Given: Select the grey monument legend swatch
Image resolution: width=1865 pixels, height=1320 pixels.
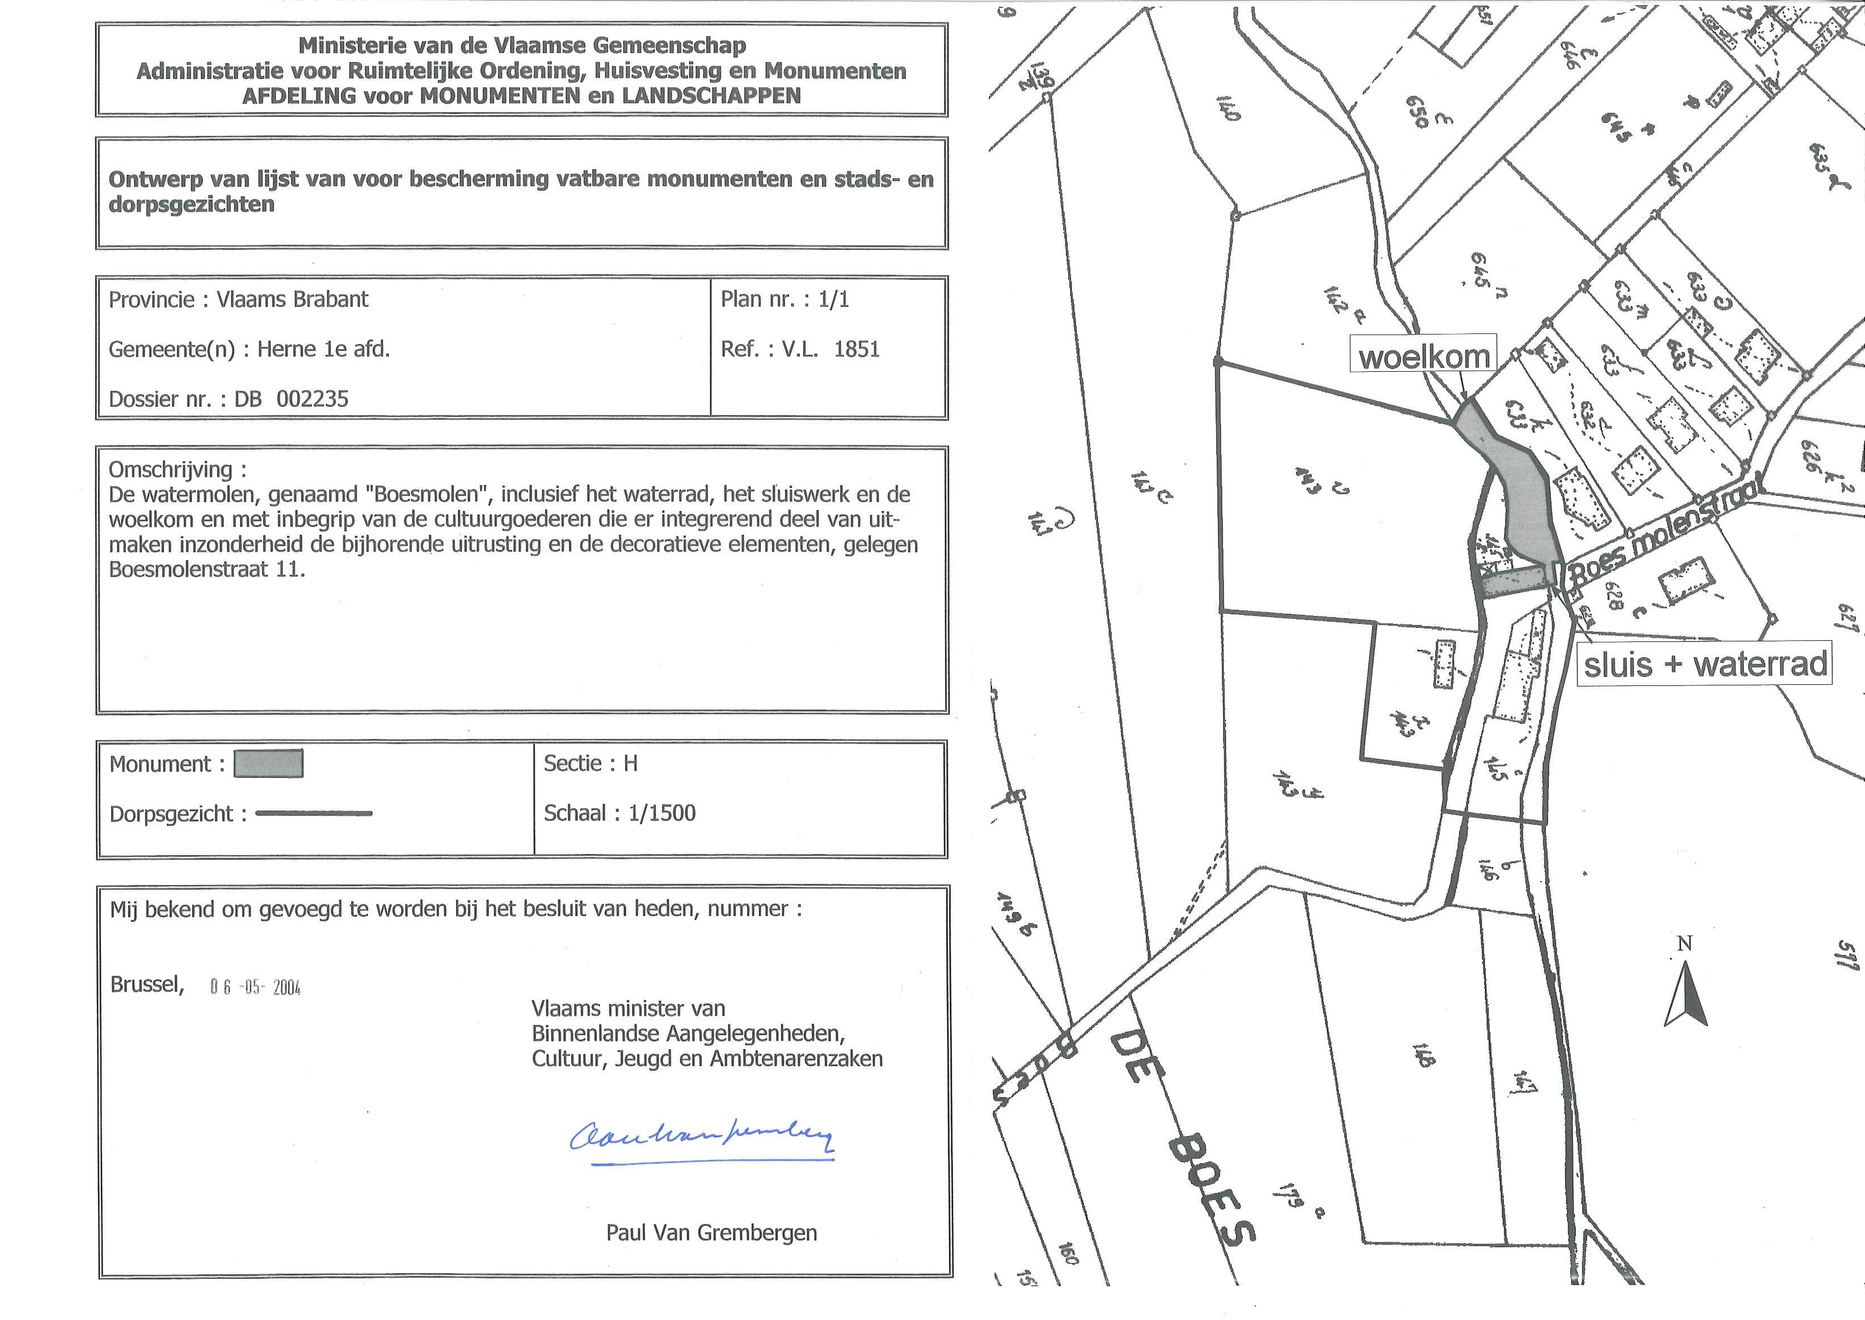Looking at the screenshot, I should (268, 764).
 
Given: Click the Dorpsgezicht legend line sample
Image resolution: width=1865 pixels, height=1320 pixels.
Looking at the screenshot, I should (314, 813).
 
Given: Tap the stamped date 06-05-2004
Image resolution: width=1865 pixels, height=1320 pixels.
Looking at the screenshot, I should (255, 988).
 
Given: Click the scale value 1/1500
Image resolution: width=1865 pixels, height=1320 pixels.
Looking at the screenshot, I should (662, 813).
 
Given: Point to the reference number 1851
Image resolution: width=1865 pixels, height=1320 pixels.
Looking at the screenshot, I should (857, 350).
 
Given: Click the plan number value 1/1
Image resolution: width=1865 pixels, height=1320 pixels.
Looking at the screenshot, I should (833, 299).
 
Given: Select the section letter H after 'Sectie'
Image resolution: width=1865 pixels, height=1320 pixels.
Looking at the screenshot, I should (630, 763).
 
